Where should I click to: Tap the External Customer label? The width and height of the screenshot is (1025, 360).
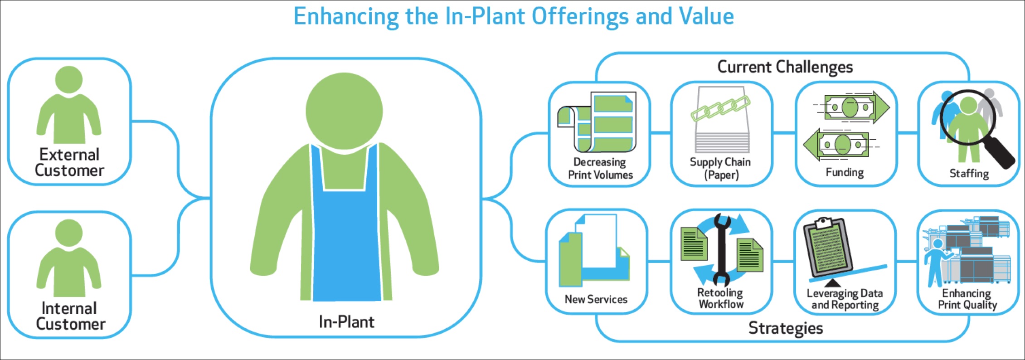click(69, 162)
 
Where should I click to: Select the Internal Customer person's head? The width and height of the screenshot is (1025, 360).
click(69, 233)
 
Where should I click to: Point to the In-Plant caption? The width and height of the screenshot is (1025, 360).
click(346, 322)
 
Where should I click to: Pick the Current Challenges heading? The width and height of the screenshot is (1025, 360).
click(785, 67)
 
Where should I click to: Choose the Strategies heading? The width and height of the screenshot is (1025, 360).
click(786, 328)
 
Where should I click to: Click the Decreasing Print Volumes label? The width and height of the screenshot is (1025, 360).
click(600, 168)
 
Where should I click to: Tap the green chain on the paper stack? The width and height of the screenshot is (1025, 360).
click(720, 109)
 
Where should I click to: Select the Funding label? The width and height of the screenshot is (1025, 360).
click(845, 172)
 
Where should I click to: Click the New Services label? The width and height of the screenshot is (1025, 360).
click(596, 299)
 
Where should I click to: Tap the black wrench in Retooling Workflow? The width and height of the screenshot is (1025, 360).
click(721, 250)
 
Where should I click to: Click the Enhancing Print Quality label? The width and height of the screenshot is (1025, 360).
click(967, 299)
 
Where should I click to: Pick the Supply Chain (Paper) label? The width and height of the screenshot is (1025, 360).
click(720, 168)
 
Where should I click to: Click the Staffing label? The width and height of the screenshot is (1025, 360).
click(969, 174)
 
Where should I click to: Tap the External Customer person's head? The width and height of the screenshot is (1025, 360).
click(69, 80)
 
